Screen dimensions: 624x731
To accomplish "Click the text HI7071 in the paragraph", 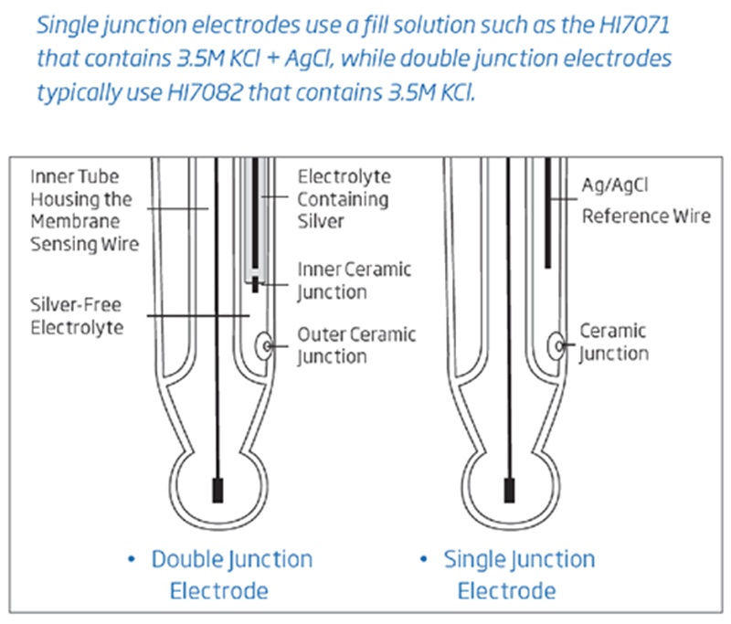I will tap(626, 24).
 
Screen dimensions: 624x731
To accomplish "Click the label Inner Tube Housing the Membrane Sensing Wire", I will tap(82, 209).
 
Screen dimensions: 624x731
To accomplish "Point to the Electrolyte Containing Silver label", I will tap(344, 198).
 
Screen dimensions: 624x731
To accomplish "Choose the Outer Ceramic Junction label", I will tap(356, 344).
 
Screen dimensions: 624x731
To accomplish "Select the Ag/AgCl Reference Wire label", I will tap(644, 201).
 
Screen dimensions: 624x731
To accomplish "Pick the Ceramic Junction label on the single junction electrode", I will tap(614, 342).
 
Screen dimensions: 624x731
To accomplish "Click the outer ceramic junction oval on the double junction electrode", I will tap(264, 345).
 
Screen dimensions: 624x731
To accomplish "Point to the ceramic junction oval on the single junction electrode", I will tap(556, 345).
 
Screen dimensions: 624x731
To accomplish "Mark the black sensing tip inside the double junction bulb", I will tap(217, 489).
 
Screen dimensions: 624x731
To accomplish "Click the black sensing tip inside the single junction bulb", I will tap(508, 489).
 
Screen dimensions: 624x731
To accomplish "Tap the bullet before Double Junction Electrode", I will tap(133, 559).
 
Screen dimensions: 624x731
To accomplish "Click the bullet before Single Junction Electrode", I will tap(424, 559).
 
